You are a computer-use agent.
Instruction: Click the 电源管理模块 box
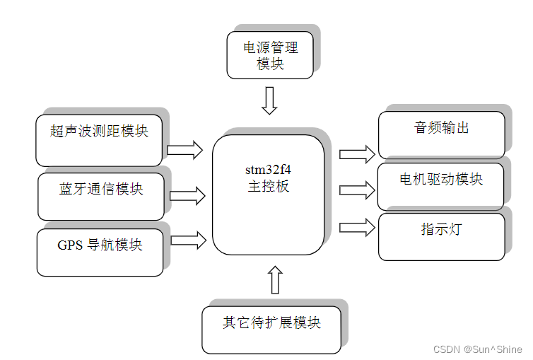point(269,54)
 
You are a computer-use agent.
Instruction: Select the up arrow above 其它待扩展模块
point(275,279)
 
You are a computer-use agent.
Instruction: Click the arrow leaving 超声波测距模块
point(184,149)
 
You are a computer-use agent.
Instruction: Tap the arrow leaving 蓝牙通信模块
point(187,196)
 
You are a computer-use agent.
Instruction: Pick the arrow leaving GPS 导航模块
point(188,240)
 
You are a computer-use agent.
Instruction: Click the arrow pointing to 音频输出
point(357,153)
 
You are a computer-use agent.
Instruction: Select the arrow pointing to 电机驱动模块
point(357,190)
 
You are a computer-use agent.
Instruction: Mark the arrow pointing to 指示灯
point(357,227)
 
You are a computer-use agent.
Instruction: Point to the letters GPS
point(71,245)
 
